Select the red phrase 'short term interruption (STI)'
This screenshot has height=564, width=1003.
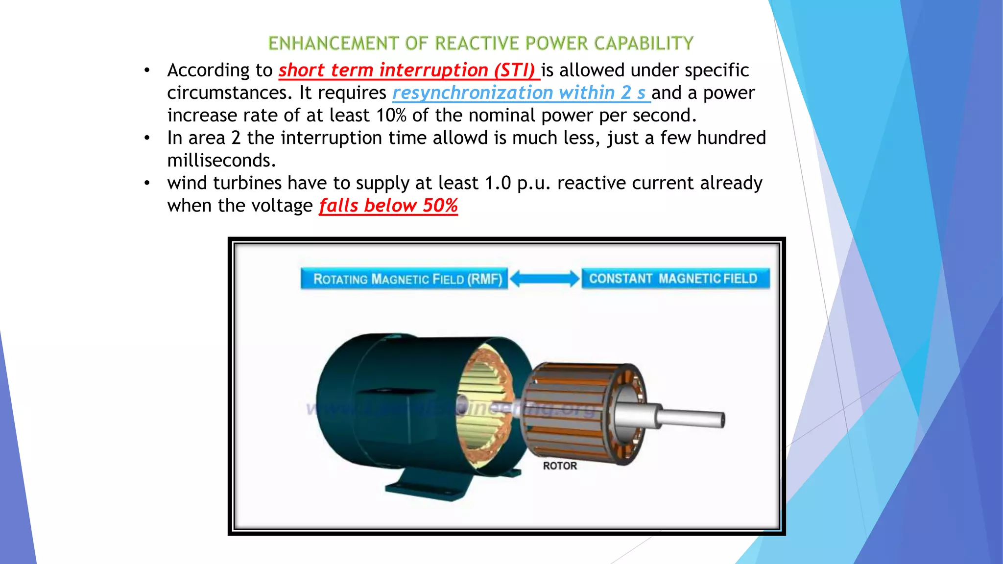point(408,70)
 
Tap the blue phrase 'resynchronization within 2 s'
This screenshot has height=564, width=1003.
point(521,93)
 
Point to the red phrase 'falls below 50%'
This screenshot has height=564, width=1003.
point(388,206)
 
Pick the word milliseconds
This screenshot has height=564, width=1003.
point(221,161)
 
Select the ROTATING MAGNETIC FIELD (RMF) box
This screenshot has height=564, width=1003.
point(404,279)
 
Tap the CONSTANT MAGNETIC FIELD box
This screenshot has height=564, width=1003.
point(675,279)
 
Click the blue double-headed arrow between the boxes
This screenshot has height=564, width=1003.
point(544,279)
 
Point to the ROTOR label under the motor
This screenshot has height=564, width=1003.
point(560,466)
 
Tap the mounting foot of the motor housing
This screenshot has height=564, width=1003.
point(426,487)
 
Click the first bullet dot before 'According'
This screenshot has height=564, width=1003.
point(146,70)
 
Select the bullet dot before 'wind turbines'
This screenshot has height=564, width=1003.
point(146,183)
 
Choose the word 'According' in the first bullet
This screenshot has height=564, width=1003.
point(209,70)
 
